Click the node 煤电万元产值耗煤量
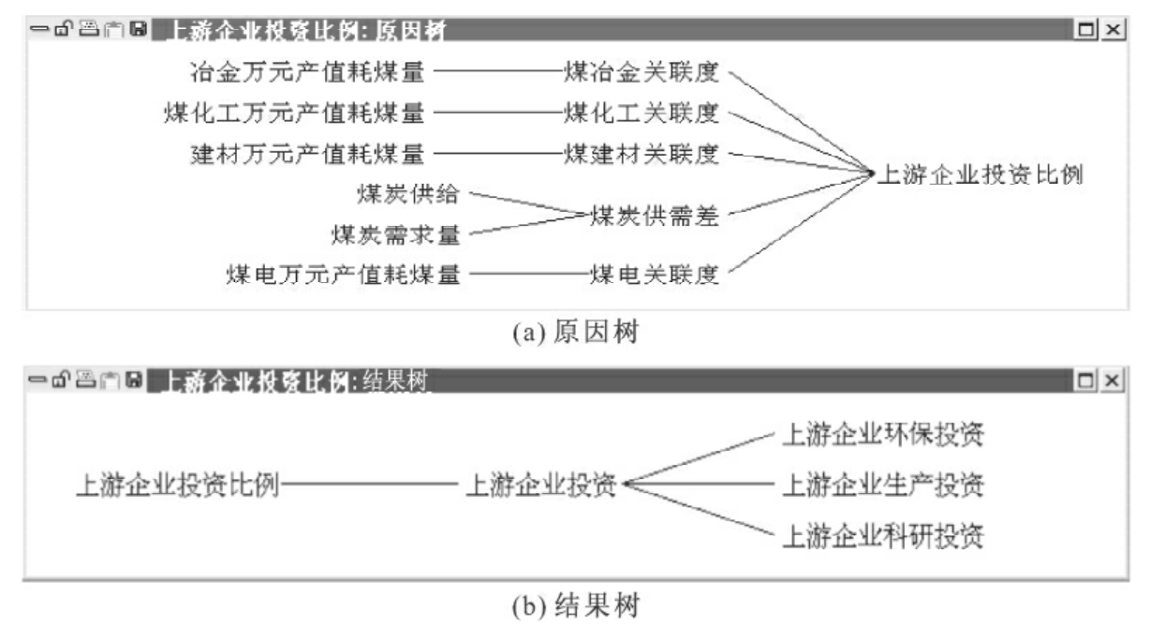click(x=344, y=275)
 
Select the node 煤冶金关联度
click(x=641, y=71)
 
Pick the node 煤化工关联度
click(x=641, y=112)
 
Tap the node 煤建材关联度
click(x=641, y=154)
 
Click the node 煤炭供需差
click(x=654, y=215)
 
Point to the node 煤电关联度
click(x=654, y=275)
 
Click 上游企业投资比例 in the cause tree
click(x=980, y=174)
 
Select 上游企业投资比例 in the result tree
click(x=177, y=485)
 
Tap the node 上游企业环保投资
click(x=885, y=434)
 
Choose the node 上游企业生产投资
click(x=885, y=485)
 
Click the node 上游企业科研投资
click(x=885, y=537)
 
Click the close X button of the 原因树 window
click(x=1112, y=31)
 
